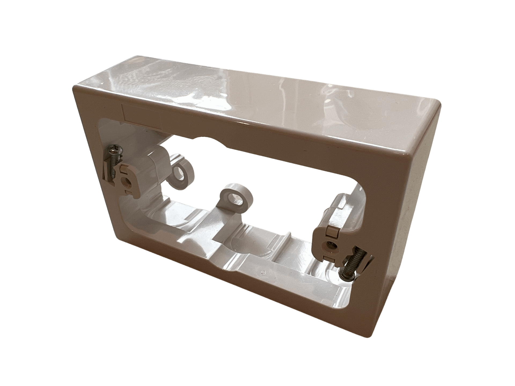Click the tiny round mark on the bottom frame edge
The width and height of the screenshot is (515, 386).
[262, 272]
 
